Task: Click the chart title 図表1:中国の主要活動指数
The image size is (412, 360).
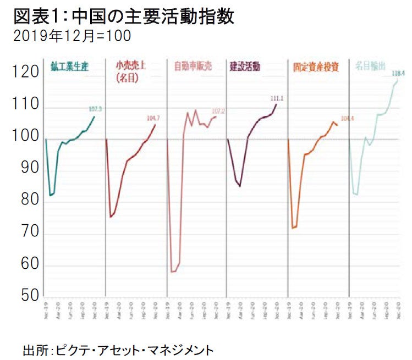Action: tap(123, 16)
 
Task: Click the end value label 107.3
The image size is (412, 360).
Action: tap(95, 109)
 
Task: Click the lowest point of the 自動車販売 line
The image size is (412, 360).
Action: tap(174, 272)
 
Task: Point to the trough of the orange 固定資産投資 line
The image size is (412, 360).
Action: tap(294, 228)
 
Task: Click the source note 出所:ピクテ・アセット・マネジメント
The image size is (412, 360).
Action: tap(118, 348)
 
